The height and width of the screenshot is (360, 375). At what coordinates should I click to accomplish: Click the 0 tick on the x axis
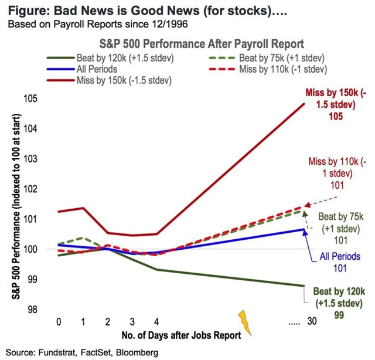(x=59, y=322)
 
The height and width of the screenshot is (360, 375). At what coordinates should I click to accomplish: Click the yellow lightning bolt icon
(x=245, y=322)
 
